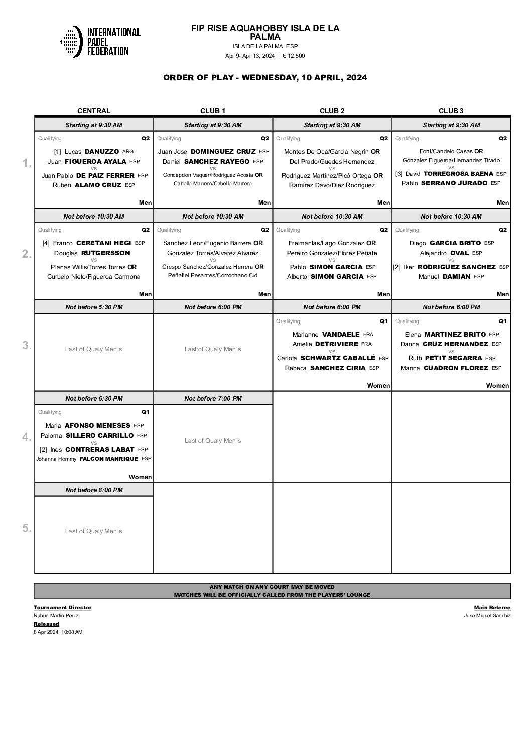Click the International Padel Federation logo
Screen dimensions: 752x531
[x=100, y=41]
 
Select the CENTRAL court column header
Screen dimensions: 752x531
[x=93, y=111]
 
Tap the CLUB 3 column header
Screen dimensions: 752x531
[x=451, y=111]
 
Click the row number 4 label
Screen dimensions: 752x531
[x=27, y=437]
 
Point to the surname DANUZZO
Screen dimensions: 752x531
[x=102, y=151]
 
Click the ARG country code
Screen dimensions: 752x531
[x=128, y=151]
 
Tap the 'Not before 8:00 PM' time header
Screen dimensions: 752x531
[x=94, y=490]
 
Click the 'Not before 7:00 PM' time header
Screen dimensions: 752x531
[x=213, y=398]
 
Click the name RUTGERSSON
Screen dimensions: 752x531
[x=105, y=253]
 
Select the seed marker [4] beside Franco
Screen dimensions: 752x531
[x=46, y=243]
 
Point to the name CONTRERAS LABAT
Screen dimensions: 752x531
[x=100, y=449]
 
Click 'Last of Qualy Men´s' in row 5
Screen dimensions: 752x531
[x=94, y=531]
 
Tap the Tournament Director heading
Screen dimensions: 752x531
[x=62, y=608]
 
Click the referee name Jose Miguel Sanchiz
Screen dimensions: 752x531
[x=487, y=616]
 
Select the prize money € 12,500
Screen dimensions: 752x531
[x=294, y=56]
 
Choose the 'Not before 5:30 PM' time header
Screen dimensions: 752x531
[x=94, y=307]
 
